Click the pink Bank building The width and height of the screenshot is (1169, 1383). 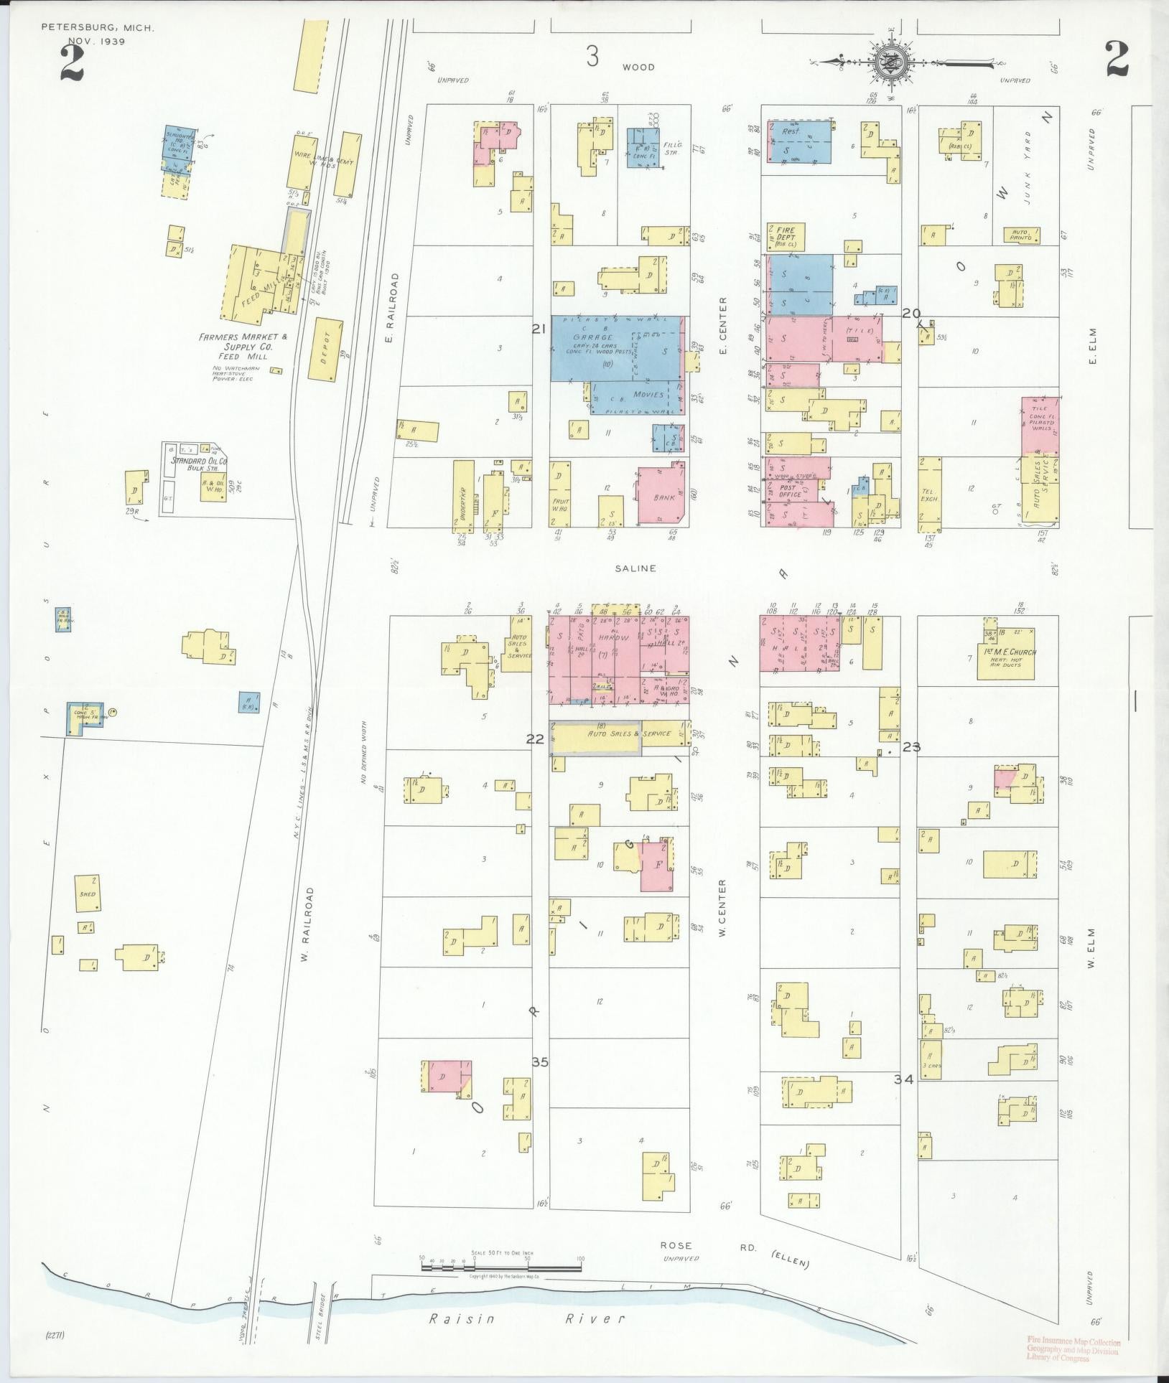(661, 497)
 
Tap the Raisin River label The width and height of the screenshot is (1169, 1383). (527, 1318)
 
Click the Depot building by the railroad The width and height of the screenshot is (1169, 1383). (326, 349)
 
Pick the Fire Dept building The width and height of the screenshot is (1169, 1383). (785, 235)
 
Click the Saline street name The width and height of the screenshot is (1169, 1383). (635, 568)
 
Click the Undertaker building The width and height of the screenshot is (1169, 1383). (464, 496)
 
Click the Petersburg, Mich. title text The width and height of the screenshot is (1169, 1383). (97, 29)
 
